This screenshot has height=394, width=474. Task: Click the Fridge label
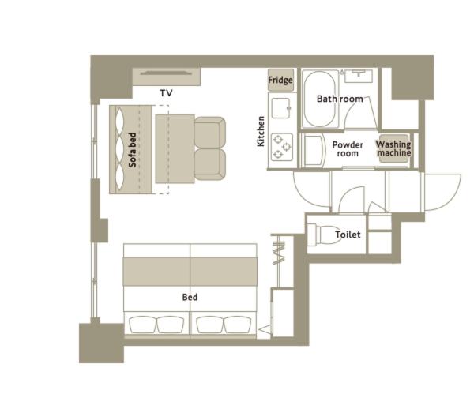click(x=280, y=80)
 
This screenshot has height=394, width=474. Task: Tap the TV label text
click(x=166, y=93)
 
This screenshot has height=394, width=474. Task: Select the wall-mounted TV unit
click(x=167, y=77)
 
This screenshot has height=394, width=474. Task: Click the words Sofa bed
click(x=133, y=150)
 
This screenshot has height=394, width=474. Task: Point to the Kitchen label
click(x=261, y=131)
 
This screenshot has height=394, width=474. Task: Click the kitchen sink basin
click(x=281, y=108)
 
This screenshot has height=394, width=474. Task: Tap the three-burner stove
click(x=282, y=147)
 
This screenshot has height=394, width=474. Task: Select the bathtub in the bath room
click(x=319, y=99)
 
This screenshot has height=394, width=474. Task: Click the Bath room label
click(x=340, y=99)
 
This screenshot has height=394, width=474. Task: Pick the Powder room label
click(x=348, y=149)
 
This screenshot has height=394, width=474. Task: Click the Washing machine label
click(x=393, y=148)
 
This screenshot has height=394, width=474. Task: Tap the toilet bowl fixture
click(x=322, y=235)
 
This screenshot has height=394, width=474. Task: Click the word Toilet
click(x=348, y=235)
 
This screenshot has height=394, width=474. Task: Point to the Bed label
click(x=190, y=298)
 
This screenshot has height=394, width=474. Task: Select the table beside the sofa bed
click(x=175, y=148)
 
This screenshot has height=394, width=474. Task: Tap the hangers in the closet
click(x=279, y=253)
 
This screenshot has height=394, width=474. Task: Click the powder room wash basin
click(x=313, y=151)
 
